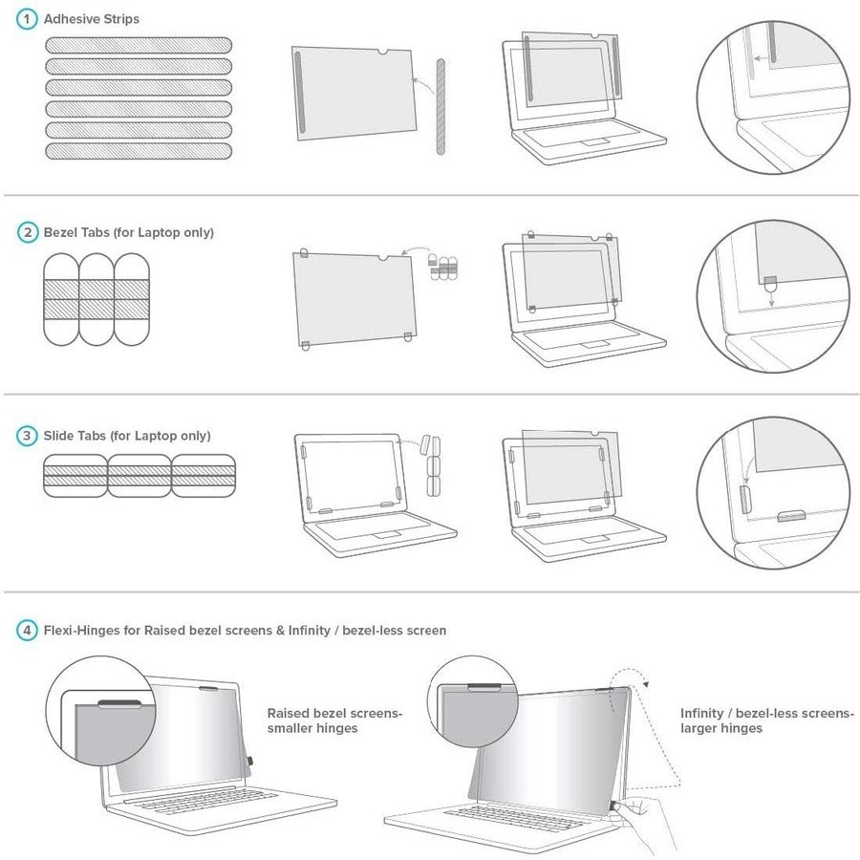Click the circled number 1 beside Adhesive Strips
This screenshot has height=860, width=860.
[26, 19]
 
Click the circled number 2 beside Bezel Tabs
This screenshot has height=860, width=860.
[26, 232]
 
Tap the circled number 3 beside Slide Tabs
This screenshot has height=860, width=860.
[26, 436]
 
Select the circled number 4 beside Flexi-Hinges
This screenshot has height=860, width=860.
[26, 630]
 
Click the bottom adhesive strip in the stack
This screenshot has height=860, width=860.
[139, 150]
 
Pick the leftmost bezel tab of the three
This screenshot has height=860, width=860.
[62, 299]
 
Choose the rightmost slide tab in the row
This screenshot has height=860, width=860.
[204, 475]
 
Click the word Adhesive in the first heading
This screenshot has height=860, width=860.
[71, 19]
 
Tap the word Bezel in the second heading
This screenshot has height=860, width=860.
[62, 232]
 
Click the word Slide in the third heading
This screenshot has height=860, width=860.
[61, 436]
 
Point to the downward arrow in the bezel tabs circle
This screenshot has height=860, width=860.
[769, 297]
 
